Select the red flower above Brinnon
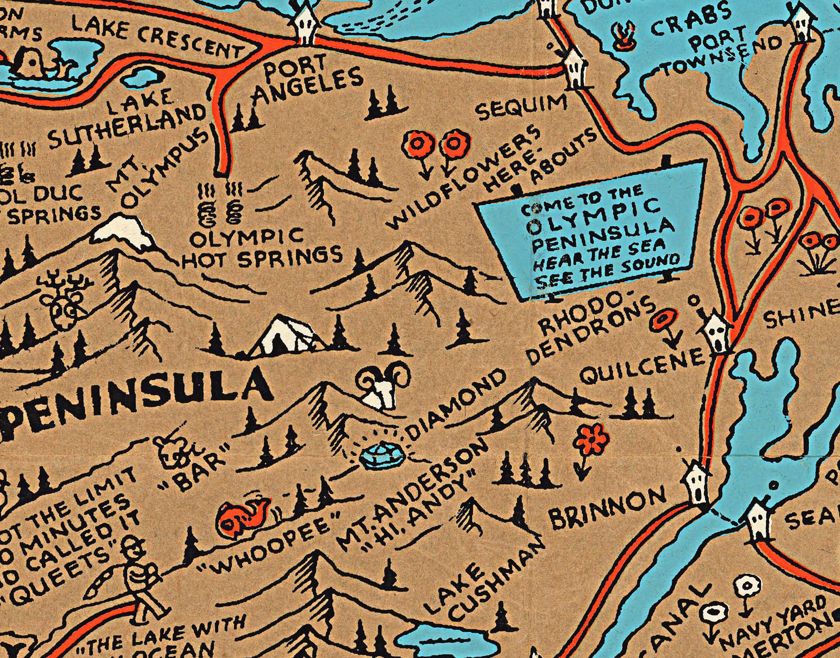click(x=591, y=438)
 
